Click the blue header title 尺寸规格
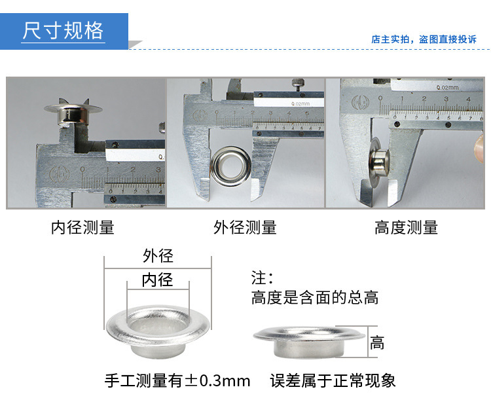(x=63, y=31)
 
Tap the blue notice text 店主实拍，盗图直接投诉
(x=424, y=39)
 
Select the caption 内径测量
(x=82, y=227)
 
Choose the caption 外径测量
(x=245, y=227)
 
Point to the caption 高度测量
(x=406, y=227)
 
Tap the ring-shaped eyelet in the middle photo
(x=231, y=166)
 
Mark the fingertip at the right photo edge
(x=479, y=147)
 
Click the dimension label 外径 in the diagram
(x=158, y=256)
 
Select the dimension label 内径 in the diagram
(x=158, y=280)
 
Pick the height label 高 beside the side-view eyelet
(x=376, y=342)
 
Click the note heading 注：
(x=262, y=278)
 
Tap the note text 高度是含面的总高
(x=315, y=297)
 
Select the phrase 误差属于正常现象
(x=333, y=381)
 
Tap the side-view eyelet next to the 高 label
(x=309, y=342)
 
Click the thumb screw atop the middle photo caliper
(x=297, y=84)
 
